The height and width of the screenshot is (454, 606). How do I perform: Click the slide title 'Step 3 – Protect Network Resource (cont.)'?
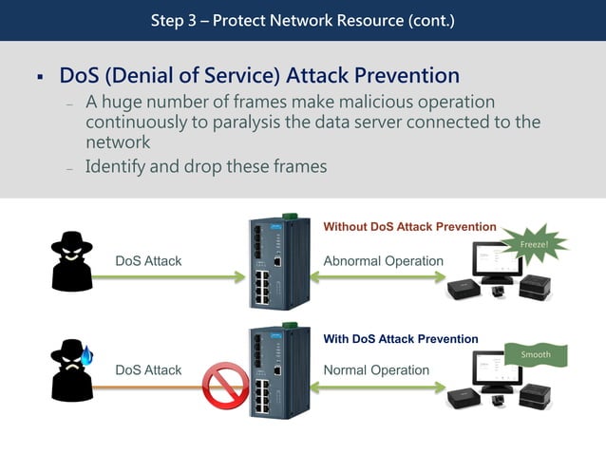[302, 20]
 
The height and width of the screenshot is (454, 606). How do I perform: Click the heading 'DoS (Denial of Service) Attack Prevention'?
[259, 76]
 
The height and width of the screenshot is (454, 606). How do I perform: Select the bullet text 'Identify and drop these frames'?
[206, 166]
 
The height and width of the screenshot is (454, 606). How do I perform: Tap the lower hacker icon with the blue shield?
[72, 370]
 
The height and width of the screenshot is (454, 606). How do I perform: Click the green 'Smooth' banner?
[536, 355]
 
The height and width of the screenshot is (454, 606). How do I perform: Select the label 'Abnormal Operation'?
[383, 261]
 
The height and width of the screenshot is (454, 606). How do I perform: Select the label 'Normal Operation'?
[376, 370]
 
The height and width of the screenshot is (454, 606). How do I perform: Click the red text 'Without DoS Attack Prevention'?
[409, 227]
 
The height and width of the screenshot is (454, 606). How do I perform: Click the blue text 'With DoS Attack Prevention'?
[400, 338]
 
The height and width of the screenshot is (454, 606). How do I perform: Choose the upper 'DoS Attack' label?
[148, 261]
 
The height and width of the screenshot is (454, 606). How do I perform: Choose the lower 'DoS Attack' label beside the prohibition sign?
[148, 370]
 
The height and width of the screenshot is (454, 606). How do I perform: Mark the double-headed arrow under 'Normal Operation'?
[377, 387]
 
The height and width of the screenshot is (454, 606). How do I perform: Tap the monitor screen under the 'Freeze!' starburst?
[497, 256]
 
